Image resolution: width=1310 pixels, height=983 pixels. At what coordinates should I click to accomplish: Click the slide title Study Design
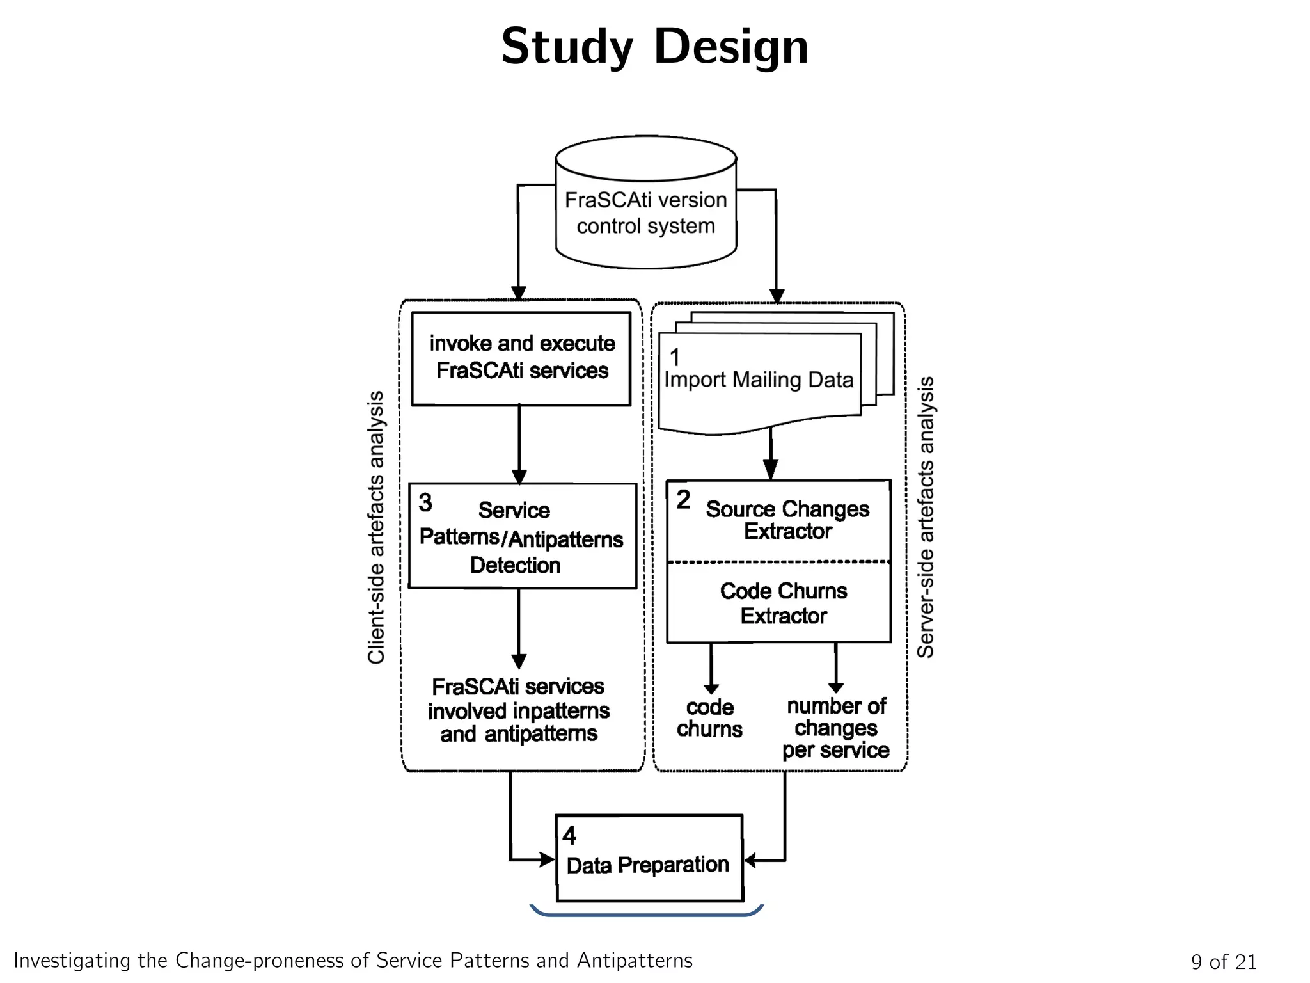pos(654,47)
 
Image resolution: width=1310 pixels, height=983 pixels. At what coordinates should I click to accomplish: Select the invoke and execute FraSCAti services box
pos(521,358)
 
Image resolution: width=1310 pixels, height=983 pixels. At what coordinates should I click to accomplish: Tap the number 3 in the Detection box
pos(425,503)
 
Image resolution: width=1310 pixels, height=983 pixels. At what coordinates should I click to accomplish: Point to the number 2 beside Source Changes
pos(683,500)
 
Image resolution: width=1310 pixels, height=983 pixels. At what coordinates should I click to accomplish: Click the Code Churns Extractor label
pos(783,603)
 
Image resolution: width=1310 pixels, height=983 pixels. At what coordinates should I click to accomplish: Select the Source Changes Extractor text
pos(787,520)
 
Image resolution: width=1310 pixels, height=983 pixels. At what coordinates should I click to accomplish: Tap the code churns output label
pos(709,718)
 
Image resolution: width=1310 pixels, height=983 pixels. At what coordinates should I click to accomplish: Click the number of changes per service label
pos(835,728)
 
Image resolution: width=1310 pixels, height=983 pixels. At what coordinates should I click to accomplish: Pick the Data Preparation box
pos(649,858)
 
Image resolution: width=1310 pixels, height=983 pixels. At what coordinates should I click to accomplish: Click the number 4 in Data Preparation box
pos(569,836)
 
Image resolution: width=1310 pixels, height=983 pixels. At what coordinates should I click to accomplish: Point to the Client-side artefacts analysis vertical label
pos(376,527)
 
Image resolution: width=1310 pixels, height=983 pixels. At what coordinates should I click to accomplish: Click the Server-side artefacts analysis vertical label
pos(926,517)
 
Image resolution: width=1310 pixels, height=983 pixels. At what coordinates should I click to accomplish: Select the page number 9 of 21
pos(1223,961)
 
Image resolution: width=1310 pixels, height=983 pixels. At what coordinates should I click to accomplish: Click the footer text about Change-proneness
pos(353,960)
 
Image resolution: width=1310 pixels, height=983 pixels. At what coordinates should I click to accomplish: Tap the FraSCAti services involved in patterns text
pos(518,710)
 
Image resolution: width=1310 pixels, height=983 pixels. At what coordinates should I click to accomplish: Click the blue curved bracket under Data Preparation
pos(646,914)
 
